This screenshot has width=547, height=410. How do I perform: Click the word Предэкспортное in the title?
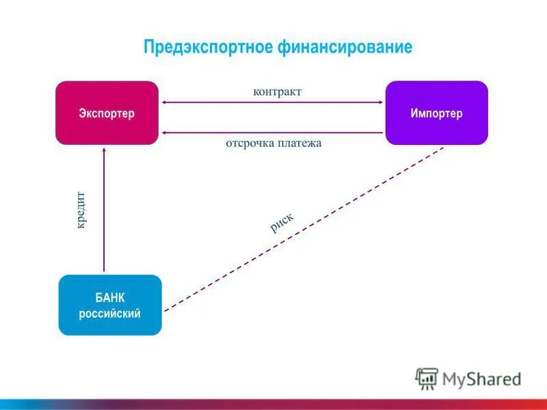(208, 47)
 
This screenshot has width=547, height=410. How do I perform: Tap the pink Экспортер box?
(107, 113)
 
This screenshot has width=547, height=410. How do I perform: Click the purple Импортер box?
(437, 113)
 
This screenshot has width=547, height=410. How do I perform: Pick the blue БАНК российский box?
(110, 305)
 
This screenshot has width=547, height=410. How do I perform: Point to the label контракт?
(277, 92)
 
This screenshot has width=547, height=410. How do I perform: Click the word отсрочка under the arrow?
(250, 143)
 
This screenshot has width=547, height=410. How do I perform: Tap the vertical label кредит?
(81, 209)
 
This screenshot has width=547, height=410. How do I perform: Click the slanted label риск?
(281, 222)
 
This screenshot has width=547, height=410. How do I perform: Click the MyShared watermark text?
(481, 379)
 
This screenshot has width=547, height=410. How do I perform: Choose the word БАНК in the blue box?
(110, 297)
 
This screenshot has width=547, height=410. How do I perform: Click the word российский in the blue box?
(110, 314)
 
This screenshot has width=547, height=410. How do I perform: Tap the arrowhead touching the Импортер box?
(380, 102)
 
